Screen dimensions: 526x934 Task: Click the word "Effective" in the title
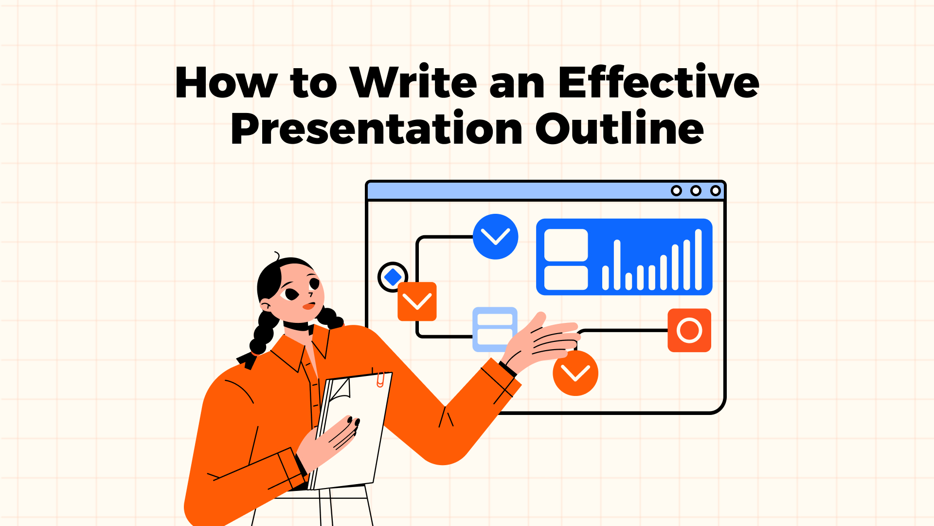(x=658, y=83)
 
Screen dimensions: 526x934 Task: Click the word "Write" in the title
(x=413, y=83)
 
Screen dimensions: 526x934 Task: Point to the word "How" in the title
(x=226, y=83)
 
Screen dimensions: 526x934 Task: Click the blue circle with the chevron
(x=495, y=237)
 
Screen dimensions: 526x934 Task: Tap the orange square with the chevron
(x=417, y=301)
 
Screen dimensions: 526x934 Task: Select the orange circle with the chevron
(x=575, y=373)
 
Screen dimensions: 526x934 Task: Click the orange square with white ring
(x=689, y=330)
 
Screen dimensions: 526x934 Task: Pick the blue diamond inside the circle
(x=393, y=277)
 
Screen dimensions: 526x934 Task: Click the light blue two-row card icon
(x=495, y=329)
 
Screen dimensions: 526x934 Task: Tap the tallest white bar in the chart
(x=699, y=260)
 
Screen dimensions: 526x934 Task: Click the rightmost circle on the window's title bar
(x=715, y=190)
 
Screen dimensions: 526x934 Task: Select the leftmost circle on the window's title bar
(x=676, y=190)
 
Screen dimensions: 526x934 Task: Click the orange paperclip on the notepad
(x=380, y=379)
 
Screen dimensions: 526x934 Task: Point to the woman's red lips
(x=308, y=306)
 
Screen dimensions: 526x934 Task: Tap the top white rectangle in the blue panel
(x=566, y=245)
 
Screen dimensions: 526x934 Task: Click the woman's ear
(x=266, y=305)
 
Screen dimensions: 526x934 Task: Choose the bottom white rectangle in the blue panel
(x=566, y=278)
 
